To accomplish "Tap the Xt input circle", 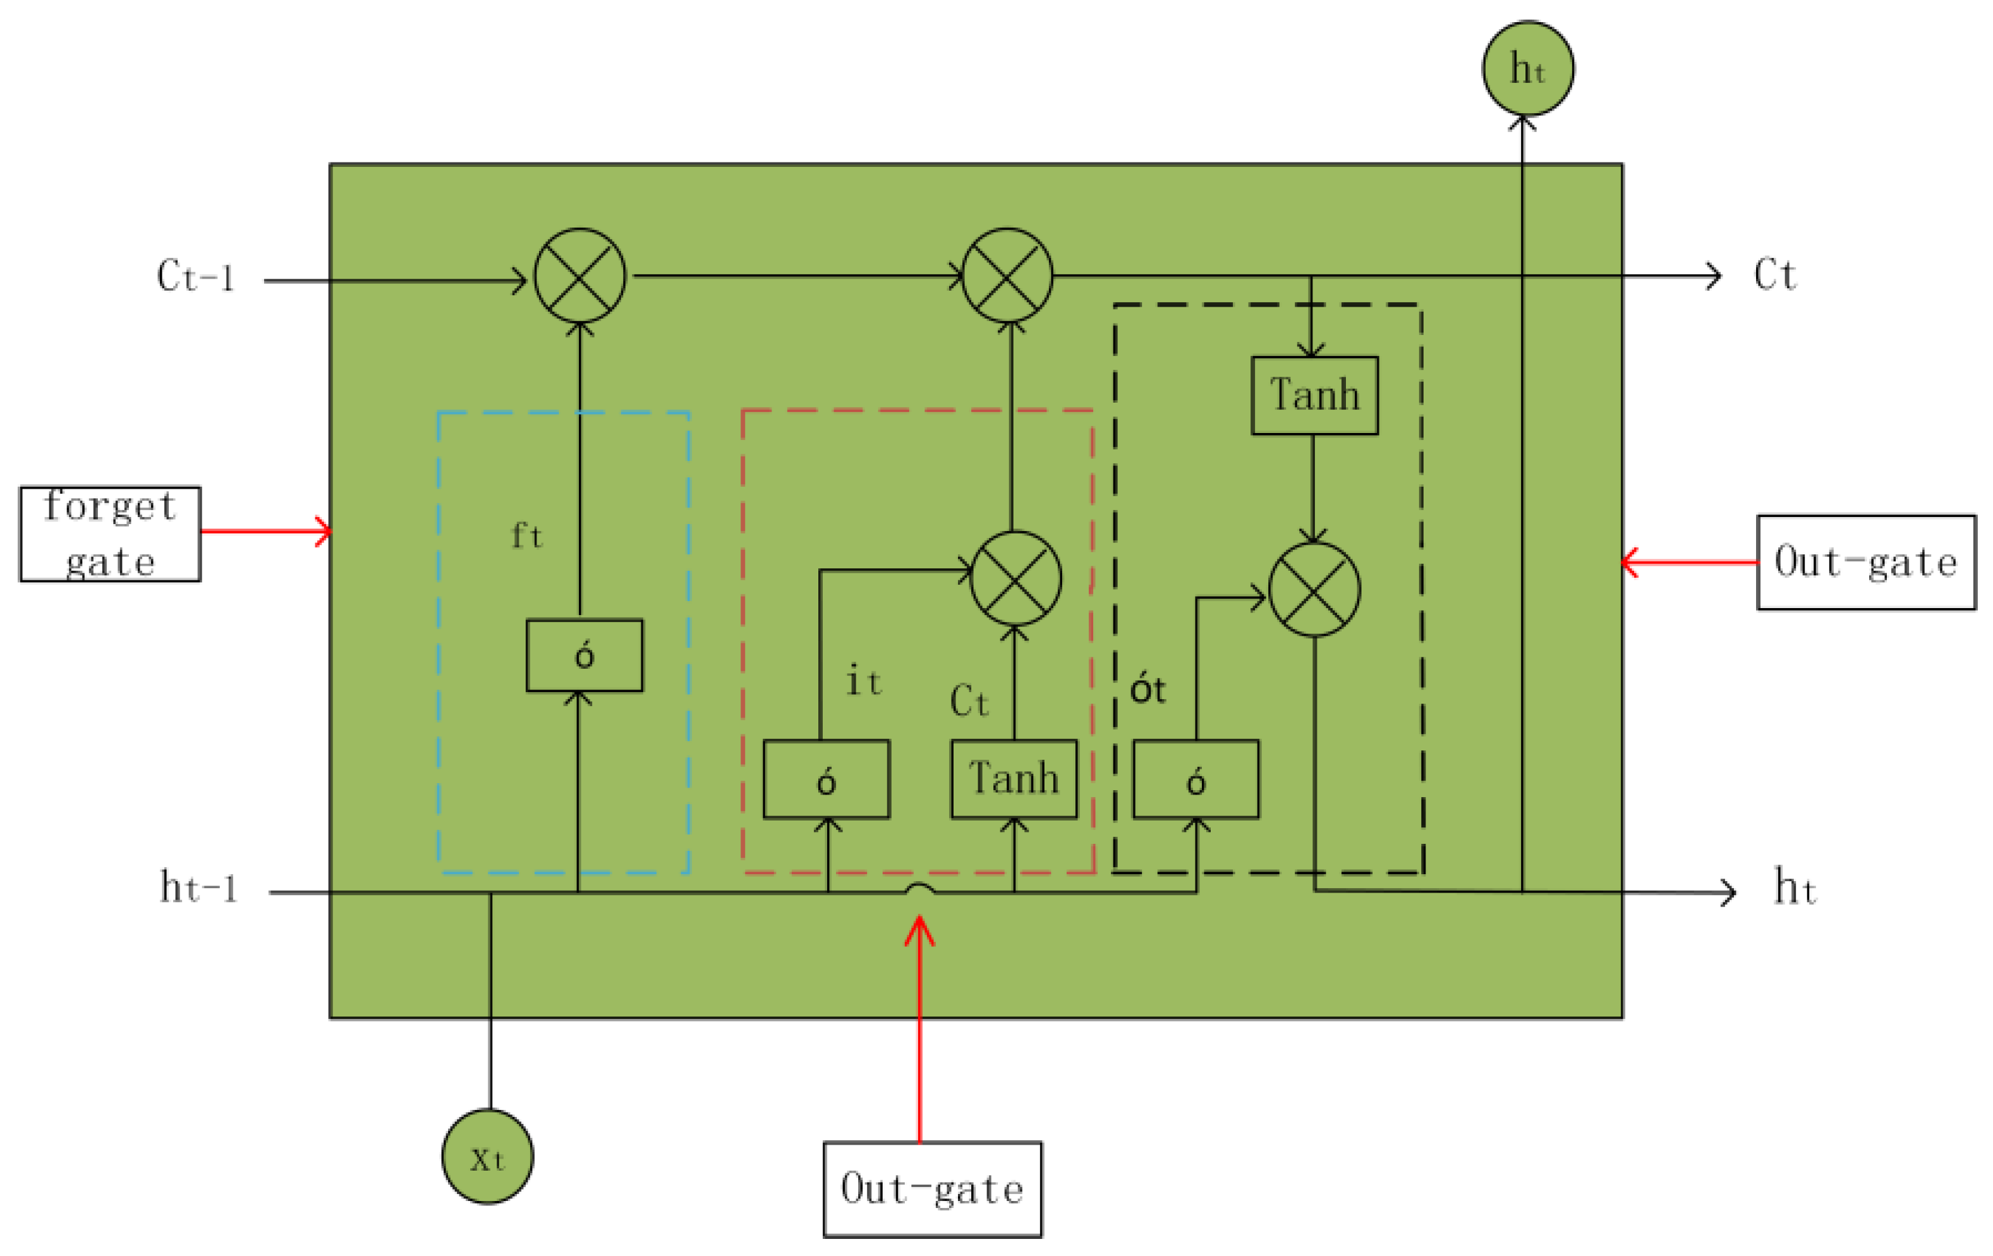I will (x=487, y=1157).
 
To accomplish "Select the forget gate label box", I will (x=110, y=534).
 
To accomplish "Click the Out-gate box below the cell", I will (x=932, y=1189).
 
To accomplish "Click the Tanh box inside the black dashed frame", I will (x=1314, y=395).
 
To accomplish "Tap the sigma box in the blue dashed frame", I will (x=585, y=655).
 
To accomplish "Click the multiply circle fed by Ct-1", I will (x=579, y=276).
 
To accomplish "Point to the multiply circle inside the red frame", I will (x=1015, y=578).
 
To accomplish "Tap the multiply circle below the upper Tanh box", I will (x=1314, y=590).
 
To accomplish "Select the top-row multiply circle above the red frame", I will (x=1007, y=276).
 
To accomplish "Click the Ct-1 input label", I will (x=195, y=276).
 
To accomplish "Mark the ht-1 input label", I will (x=198, y=887).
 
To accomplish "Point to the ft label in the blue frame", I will (x=527, y=535).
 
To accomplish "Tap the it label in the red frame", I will (x=863, y=681).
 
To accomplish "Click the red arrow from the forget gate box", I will (x=265, y=532).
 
